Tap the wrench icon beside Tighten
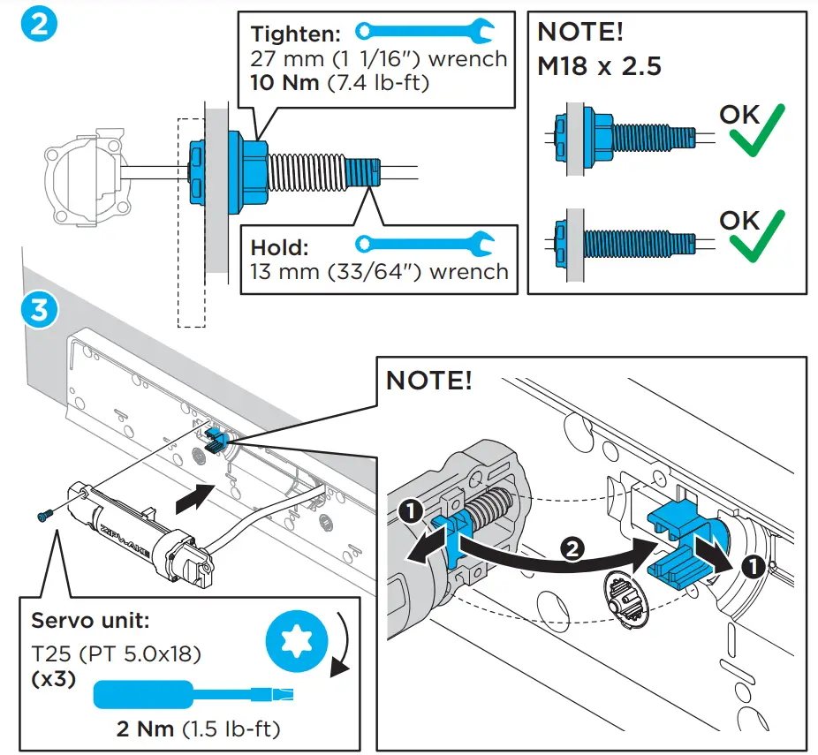425,32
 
